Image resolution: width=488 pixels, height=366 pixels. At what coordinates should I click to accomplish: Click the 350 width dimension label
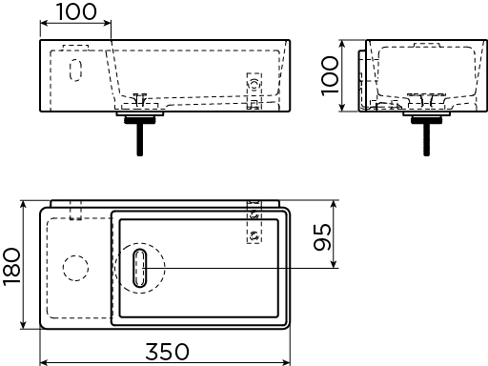point(167,352)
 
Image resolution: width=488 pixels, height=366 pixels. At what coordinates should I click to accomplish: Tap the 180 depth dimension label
point(12,267)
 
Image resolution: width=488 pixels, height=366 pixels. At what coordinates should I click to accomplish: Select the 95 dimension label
point(322,237)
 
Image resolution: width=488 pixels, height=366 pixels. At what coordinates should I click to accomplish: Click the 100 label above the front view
point(76,11)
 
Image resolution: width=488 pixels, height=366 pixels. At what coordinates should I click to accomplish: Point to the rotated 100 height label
point(330,76)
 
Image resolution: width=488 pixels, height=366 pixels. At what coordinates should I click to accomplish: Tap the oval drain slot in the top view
point(140,268)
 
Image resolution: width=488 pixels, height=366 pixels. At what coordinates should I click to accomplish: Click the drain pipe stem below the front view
point(140,139)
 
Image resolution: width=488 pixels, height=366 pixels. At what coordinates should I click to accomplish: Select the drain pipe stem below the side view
point(427,139)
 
